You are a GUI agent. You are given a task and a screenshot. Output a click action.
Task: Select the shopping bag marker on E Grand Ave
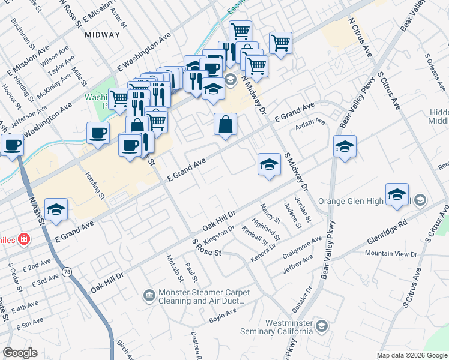[x=226, y=125]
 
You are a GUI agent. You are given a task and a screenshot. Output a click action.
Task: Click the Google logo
[x=20, y=353]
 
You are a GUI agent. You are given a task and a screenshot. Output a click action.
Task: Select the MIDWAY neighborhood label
[x=103, y=35]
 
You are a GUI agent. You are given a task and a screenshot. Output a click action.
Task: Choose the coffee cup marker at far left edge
[x=12, y=145]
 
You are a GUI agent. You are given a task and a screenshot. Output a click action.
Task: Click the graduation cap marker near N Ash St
[x=56, y=209]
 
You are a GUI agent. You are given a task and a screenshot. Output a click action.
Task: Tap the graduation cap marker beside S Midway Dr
[x=269, y=164]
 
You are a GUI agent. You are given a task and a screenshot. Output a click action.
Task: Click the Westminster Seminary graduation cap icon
[x=321, y=326]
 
